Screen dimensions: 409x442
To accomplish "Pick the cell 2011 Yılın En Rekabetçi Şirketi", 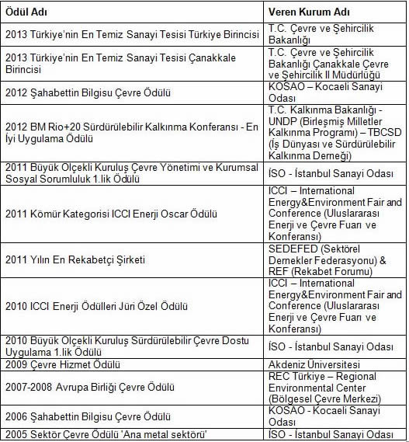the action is [75, 259].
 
